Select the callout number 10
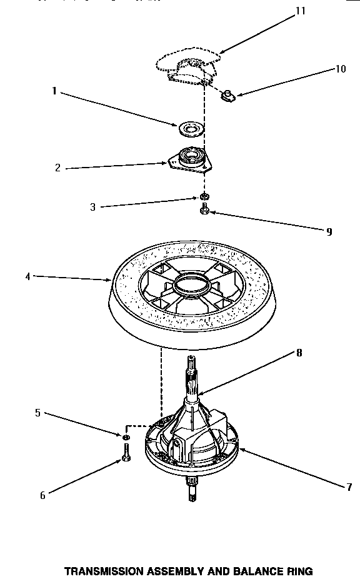click(340, 69)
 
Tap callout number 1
click(54, 91)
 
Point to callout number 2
click(57, 168)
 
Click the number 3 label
click(92, 207)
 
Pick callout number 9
click(328, 231)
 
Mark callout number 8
click(299, 353)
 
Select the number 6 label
click(42, 495)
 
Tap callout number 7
click(349, 487)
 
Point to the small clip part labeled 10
click(228, 94)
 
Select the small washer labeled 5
click(126, 435)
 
